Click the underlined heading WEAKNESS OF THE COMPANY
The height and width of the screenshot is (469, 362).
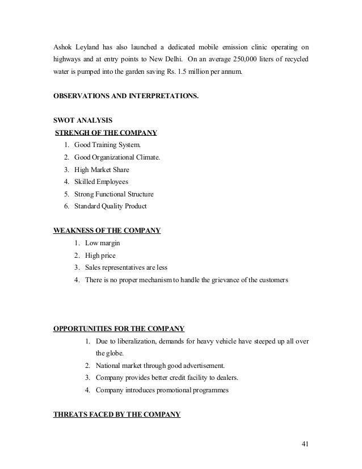(107, 231)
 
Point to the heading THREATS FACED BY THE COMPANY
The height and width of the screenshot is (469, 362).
(116, 414)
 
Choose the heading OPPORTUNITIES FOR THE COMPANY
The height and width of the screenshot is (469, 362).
(119, 328)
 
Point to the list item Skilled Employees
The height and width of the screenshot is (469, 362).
(104, 182)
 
